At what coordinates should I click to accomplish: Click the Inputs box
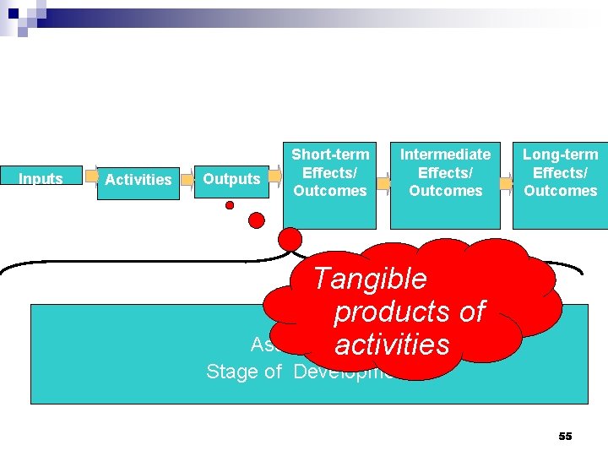41,178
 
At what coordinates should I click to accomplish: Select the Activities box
138,180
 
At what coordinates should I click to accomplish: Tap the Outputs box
231,179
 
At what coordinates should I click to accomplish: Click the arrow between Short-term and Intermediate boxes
383,183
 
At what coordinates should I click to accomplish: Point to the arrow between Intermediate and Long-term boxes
506,183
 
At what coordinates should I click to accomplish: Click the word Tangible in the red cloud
370,278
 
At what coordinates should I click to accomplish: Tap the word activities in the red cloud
392,345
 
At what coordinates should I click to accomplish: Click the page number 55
565,436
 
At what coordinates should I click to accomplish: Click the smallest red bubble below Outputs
229,205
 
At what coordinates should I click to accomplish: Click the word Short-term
330,155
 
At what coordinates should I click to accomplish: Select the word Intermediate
445,155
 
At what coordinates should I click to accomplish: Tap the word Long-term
560,155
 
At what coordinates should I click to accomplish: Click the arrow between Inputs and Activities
90,179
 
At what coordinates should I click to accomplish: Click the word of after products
471,312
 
